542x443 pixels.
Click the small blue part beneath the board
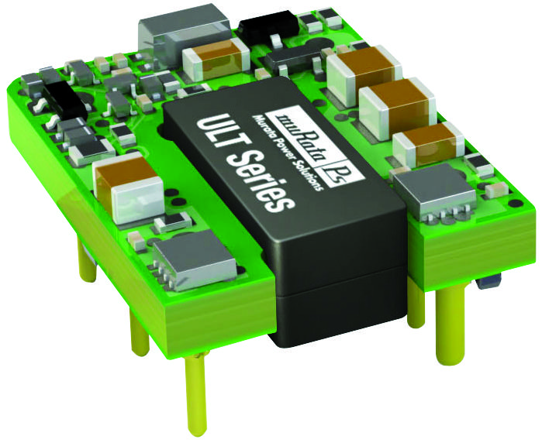point(488,280)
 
